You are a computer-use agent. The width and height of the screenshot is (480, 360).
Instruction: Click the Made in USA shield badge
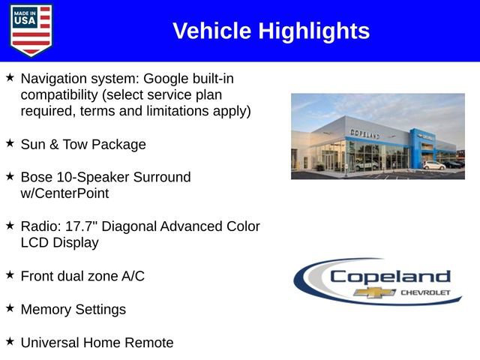click(x=31, y=30)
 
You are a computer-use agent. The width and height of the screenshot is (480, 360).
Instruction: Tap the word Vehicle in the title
click(x=212, y=31)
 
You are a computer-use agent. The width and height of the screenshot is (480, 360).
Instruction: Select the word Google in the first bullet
click(x=167, y=78)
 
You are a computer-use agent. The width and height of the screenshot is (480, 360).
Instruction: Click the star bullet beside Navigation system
click(x=10, y=77)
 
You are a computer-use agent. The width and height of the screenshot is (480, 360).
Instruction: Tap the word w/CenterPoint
click(x=64, y=193)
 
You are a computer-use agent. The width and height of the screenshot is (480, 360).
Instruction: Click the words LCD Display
click(x=59, y=243)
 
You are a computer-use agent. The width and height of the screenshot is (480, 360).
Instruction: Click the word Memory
click(x=47, y=309)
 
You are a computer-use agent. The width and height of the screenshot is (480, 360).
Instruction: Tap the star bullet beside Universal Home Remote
click(x=10, y=341)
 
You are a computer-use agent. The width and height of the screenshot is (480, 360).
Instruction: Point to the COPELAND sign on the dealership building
click(x=364, y=133)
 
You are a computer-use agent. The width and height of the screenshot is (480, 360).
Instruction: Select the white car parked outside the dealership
click(x=433, y=165)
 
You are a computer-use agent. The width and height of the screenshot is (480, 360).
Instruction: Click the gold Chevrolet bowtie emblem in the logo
click(x=375, y=292)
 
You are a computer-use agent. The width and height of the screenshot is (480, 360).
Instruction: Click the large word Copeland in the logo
click(x=390, y=275)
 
